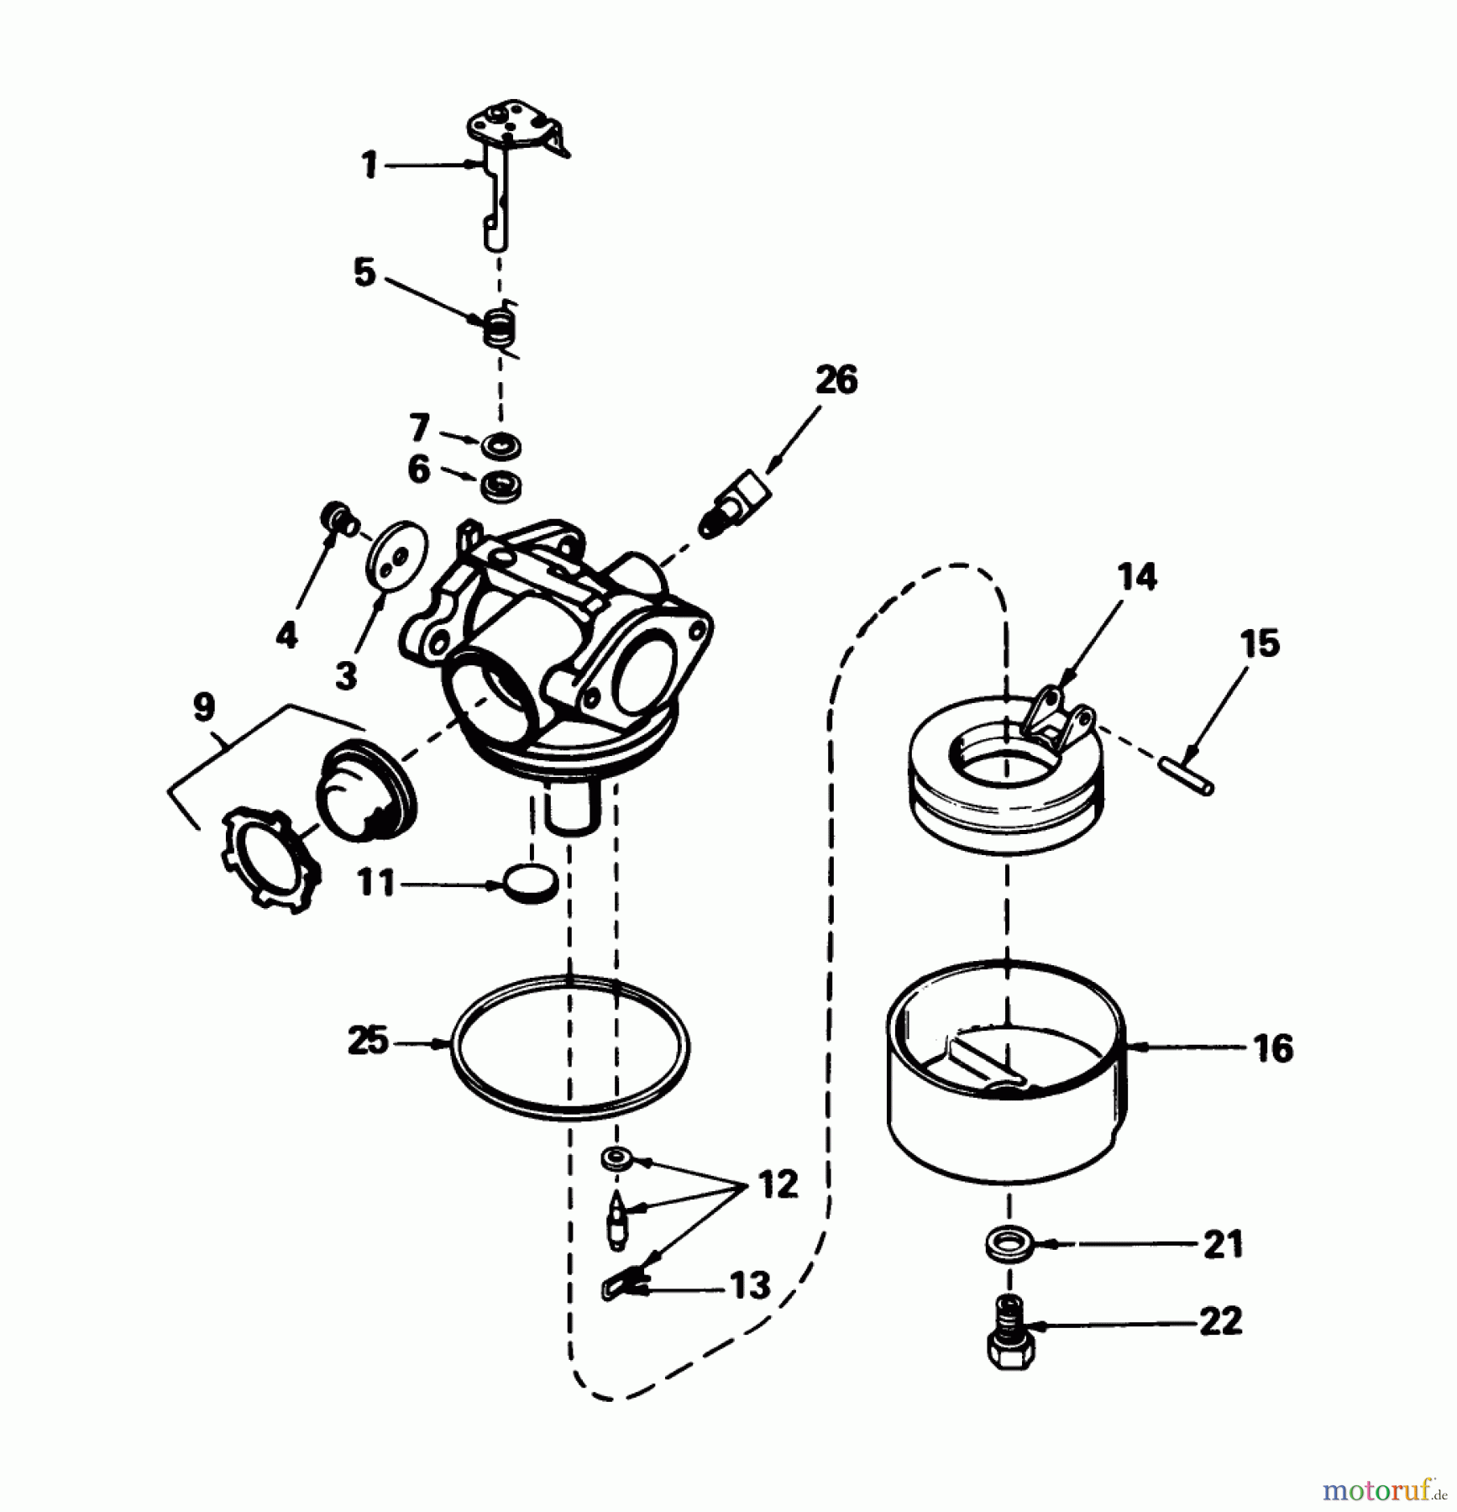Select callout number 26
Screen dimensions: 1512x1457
tap(836, 381)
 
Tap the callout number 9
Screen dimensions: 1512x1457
tap(204, 706)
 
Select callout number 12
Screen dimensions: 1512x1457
tap(778, 1185)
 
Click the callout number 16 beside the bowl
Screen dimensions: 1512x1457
tap(1273, 1048)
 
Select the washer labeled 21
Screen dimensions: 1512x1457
tap(1007, 1244)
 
